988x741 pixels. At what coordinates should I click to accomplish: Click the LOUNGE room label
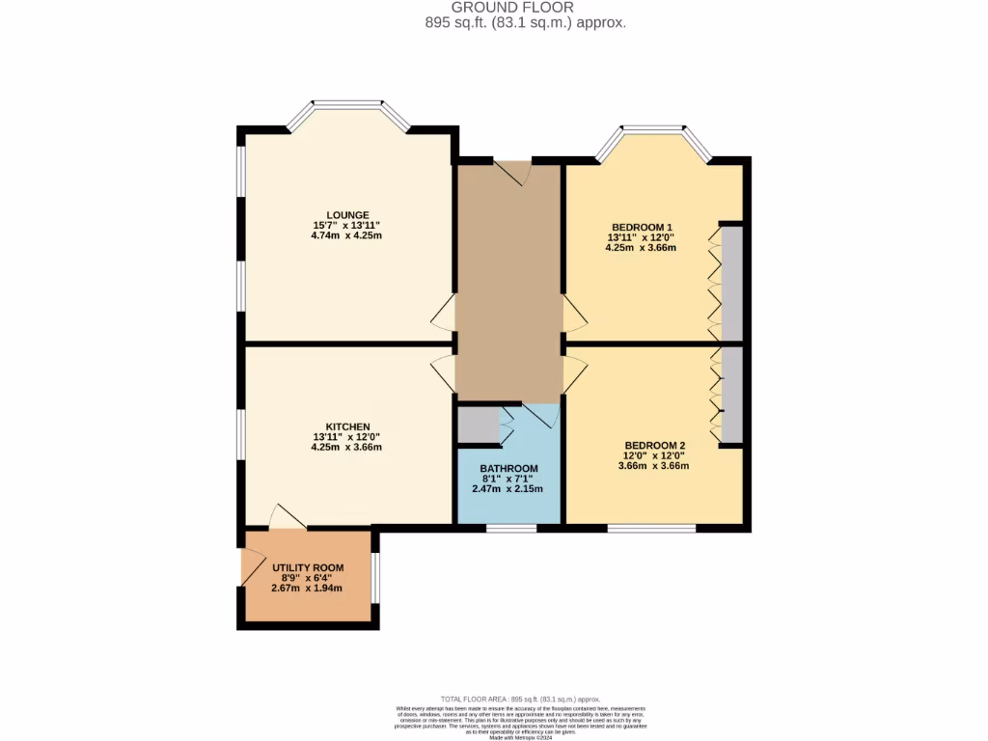pyautogui.click(x=347, y=214)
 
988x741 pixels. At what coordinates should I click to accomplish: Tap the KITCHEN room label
pyautogui.click(x=347, y=425)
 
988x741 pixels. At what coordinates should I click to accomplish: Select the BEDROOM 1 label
pyautogui.click(x=640, y=226)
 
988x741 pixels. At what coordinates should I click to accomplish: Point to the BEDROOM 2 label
pyautogui.click(x=653, y=445)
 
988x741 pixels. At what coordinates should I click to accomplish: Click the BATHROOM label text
pyautogui.click(x=508, y=468)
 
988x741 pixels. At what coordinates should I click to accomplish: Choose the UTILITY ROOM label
pyautogui.click(x=307, y=566)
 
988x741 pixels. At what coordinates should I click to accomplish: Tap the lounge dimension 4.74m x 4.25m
pyautogui.click(x=347, y=236)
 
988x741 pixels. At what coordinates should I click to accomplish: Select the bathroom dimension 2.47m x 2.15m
pyautogui.click(x=508, y=489)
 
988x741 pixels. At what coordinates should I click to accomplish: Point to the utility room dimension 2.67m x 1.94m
pyautogui.click(x=307, y=588)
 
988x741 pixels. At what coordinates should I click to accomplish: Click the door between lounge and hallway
pyautogui.click(x=443, y=314)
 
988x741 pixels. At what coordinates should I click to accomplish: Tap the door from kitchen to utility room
pyautogui.click(x=288, y=518)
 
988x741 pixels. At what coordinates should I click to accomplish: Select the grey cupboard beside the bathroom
pyautogui.click(x=476, y=425)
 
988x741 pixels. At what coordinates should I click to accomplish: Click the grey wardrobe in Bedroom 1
pyautogui.click(x=732, y=283)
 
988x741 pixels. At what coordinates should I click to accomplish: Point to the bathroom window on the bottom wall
pyautogui.click(x=511, y=528)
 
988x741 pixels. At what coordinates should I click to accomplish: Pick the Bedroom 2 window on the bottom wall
pyautogui.click(x=651, y=528)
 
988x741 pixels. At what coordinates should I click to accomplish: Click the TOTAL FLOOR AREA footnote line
pyautogui.click(x=521, y=698)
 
